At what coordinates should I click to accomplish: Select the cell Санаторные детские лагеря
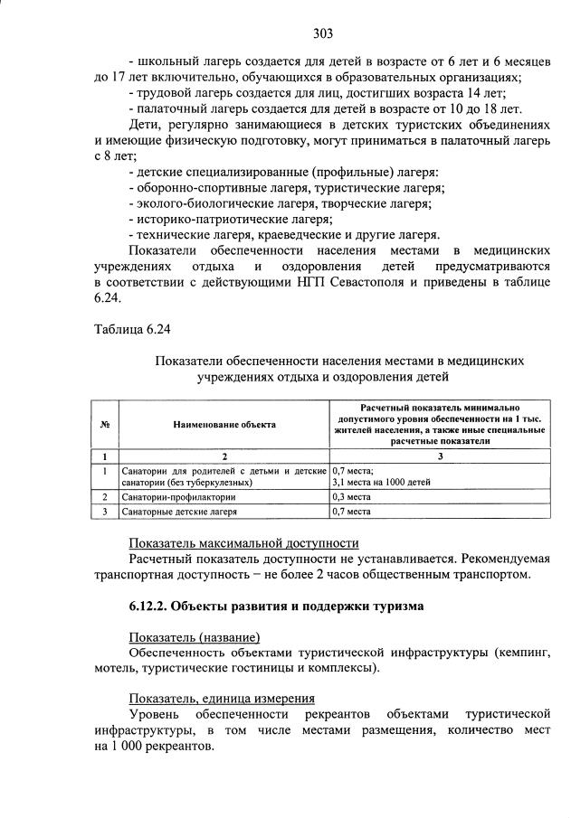(180, 512)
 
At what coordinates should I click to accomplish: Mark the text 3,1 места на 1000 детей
(381, 483)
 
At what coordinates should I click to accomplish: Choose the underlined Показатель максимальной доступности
(243, 543)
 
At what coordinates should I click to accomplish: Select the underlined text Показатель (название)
(194, 636)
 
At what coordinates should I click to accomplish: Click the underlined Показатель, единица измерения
(222, 698)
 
